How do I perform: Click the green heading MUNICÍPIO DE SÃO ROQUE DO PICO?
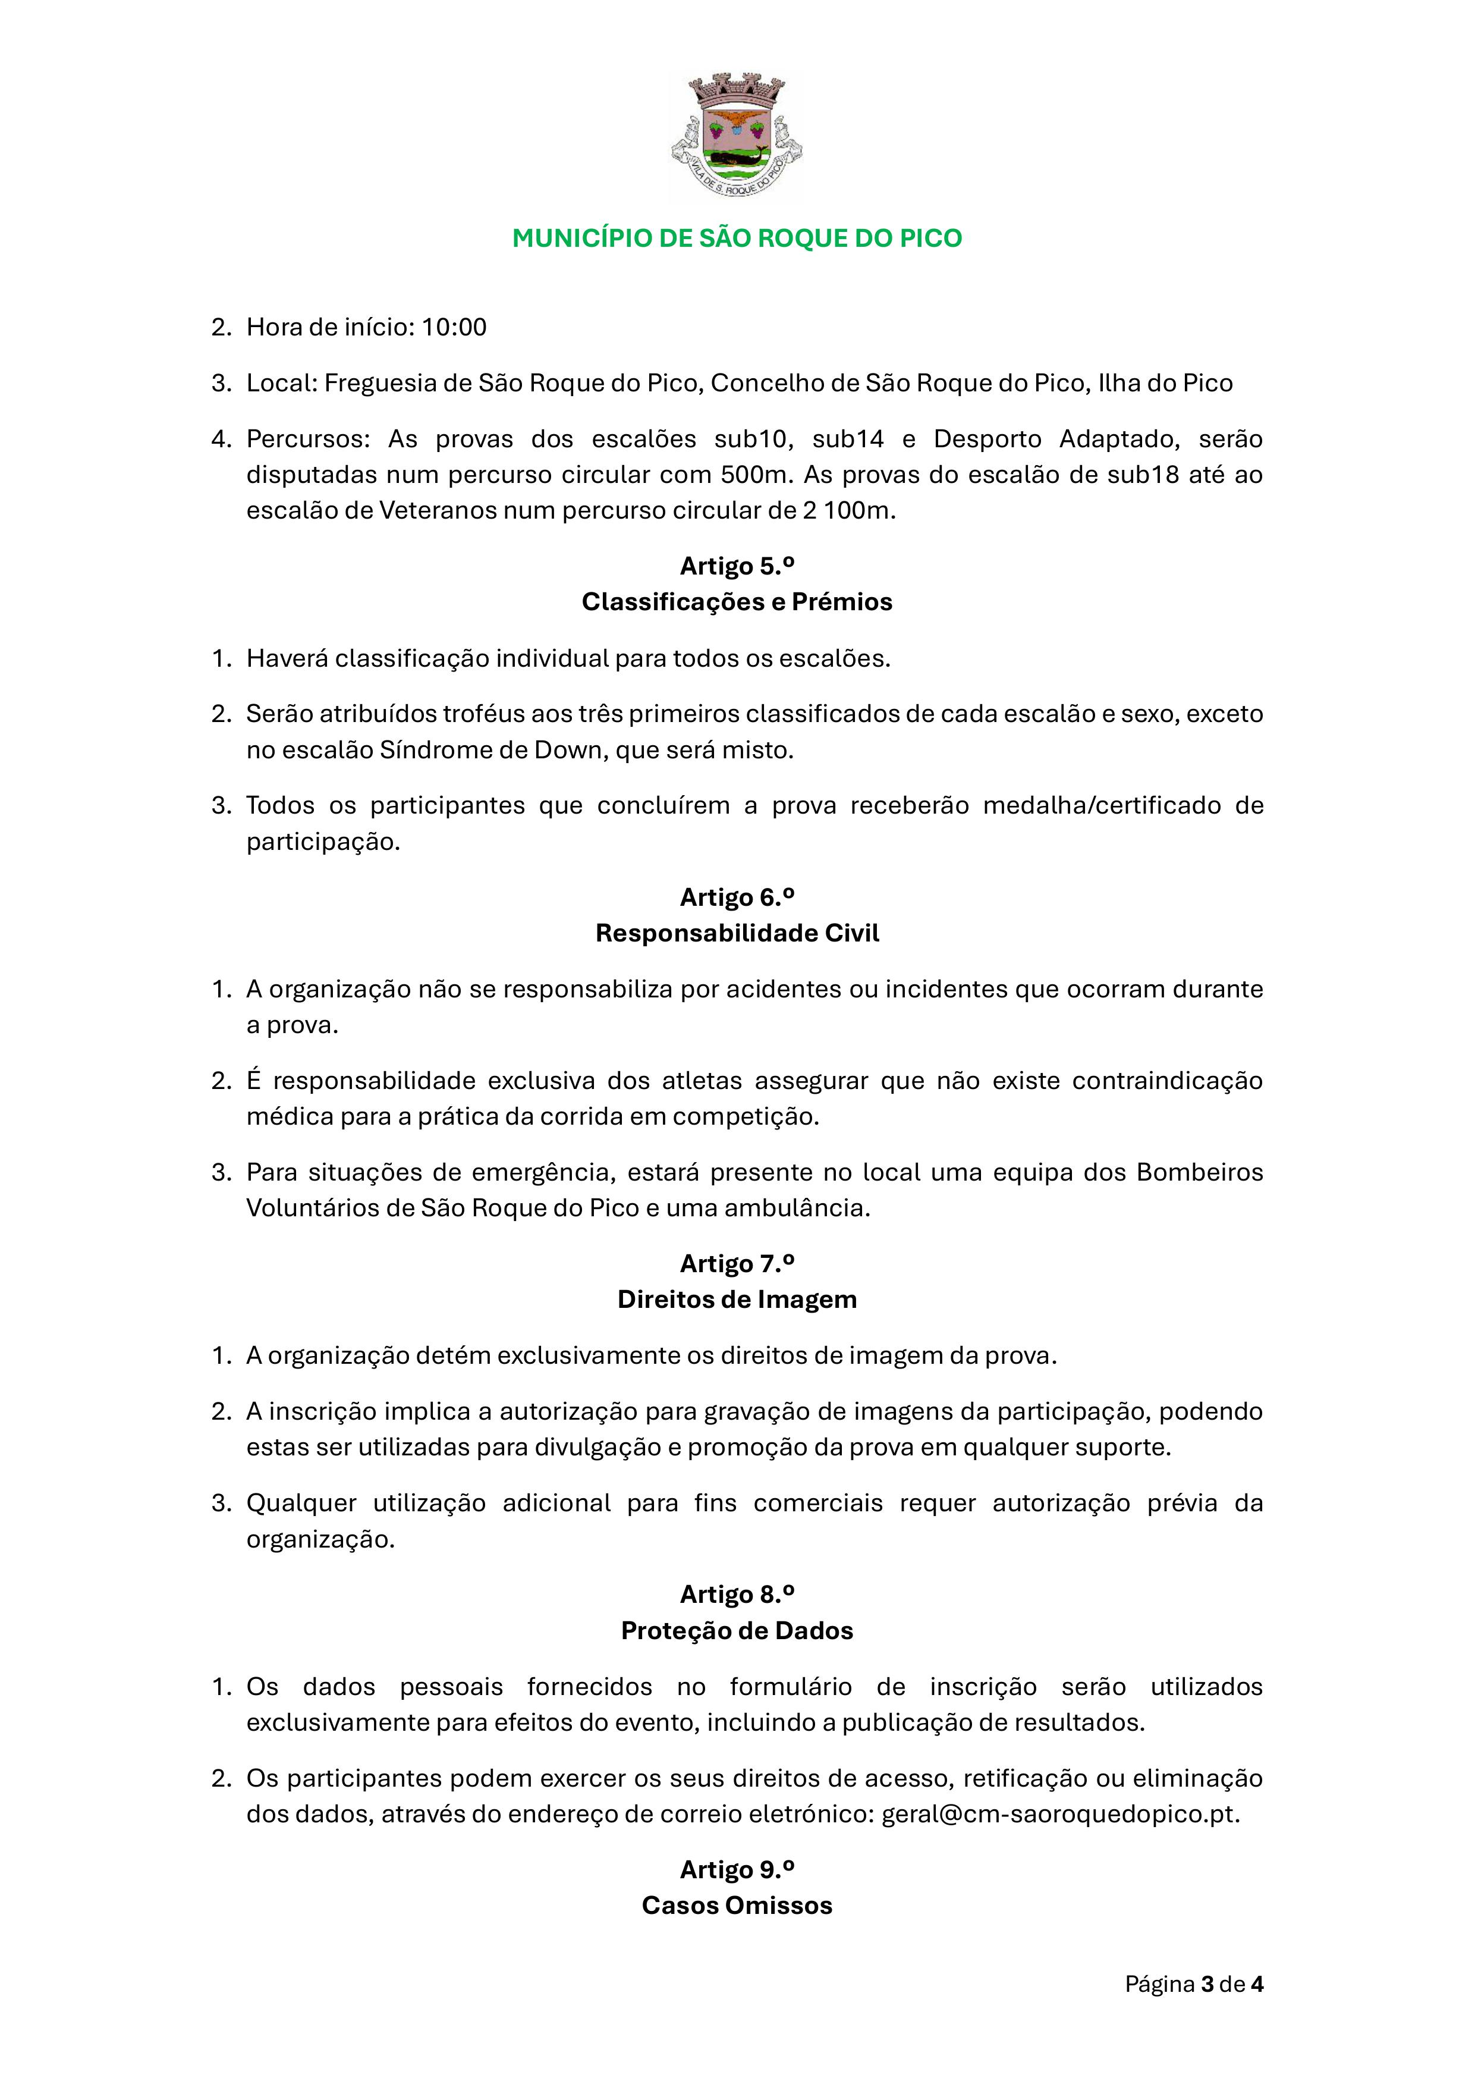click(737, 238)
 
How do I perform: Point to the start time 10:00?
click(454, 327)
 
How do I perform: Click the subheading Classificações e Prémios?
click(737, 602)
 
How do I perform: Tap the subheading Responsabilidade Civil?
click(737, 934)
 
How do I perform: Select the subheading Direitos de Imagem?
click(737, 1300)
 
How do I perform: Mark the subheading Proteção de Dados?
click(737, 1631)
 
